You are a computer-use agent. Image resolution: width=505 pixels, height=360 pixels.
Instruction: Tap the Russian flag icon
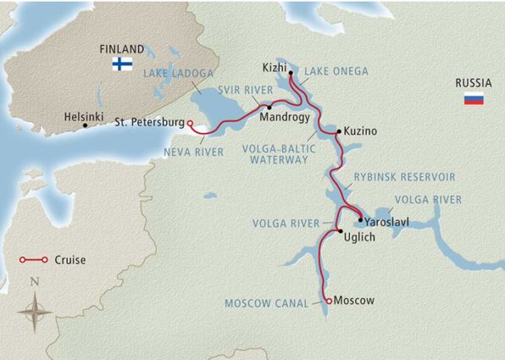pos(473,99)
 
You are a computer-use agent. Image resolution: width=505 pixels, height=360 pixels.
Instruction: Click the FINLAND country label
pos(120,49)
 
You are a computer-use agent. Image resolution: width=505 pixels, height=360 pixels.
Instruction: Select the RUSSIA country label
pos(473,84)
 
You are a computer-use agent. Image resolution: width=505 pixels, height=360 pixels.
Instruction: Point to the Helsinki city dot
pos(85,125)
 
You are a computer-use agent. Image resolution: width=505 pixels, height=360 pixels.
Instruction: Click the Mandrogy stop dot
pos(269,107)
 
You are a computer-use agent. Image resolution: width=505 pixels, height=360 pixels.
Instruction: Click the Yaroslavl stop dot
pos(359,219)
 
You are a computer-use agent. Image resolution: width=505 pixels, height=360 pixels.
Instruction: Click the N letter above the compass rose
pos(34,281)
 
